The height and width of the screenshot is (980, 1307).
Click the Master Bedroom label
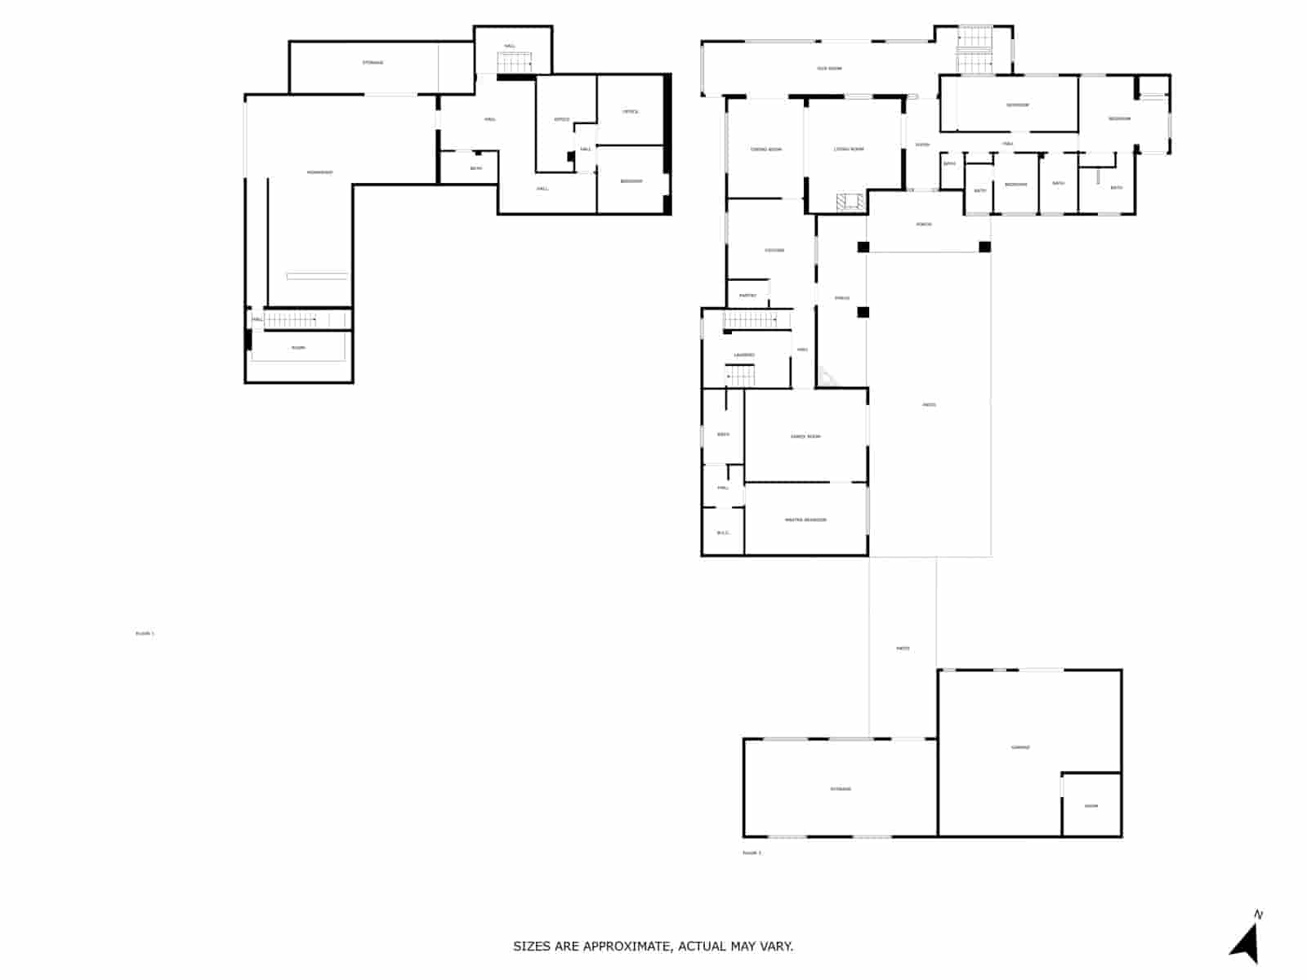coord(805,520)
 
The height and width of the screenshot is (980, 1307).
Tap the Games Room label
coord(805,437)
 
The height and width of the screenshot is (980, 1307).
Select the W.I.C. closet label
coord(723,533)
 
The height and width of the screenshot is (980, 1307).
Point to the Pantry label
coord(747,296)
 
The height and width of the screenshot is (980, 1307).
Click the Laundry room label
coord(744,355)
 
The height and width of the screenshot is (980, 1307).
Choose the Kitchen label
coord(774,251)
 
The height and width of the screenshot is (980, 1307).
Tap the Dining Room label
coord(766,149)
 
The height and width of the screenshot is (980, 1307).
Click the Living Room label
coord(849,149)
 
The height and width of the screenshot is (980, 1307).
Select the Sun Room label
coord(829,69)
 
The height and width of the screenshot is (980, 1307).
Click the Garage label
coord(1020,747)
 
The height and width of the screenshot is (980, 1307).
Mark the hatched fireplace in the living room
coord(850,202)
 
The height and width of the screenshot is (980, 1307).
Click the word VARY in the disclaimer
coord(775,947)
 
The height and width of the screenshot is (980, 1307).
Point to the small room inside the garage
coord(1091,806)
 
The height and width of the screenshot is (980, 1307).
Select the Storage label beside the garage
coord(841,789)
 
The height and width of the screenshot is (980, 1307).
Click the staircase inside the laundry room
coord(742,376)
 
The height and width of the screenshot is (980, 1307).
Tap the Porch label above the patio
coord(924,225)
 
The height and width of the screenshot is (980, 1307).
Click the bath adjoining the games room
coord(723,434)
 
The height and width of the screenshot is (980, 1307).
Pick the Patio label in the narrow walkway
coord(903,648)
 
